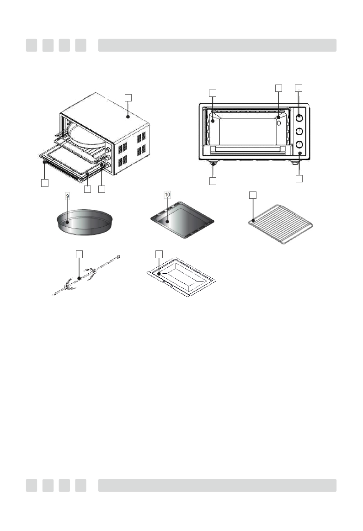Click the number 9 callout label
(68, 196)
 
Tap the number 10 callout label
(167, 195)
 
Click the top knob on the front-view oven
(299, 118)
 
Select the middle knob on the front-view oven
(299, 132)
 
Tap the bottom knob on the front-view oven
(299, 144)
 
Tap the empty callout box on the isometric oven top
(128, 97)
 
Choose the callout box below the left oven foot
(213, 181)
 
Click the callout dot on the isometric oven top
(128, 117)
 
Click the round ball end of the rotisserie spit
(118, 257)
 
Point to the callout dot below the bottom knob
(299, 155)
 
